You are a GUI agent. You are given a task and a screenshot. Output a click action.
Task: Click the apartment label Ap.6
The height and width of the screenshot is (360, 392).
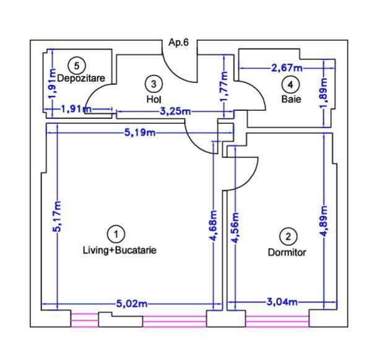178,42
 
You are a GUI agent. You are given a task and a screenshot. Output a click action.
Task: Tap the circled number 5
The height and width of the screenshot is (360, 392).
77,66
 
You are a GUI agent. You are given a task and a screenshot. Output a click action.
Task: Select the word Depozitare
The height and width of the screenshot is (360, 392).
81,78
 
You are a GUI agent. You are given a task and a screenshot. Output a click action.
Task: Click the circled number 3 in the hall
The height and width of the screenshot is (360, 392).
154,84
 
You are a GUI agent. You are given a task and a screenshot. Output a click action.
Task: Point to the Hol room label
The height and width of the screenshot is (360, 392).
154,99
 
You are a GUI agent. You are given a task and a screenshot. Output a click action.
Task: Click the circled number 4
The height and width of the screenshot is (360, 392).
290,85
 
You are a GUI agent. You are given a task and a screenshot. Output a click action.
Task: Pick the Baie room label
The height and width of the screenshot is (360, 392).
291,99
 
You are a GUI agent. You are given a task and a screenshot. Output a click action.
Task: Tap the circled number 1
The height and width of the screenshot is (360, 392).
116,234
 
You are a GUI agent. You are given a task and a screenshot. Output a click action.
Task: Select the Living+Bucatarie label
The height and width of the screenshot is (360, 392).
120,250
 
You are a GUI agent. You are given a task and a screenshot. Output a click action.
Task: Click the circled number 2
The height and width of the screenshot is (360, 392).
288,237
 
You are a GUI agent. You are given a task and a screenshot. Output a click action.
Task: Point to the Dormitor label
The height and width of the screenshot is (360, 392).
287,252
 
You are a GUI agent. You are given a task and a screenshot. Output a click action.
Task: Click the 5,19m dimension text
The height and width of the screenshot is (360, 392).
140,133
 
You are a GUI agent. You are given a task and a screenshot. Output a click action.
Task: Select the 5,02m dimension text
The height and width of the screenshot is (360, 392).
132,304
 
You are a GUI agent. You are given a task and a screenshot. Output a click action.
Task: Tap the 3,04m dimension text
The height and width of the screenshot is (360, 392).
282,302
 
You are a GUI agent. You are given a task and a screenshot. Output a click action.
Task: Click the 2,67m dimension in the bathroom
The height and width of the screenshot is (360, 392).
287,68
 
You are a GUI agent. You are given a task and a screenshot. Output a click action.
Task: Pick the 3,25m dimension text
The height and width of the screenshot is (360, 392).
175,111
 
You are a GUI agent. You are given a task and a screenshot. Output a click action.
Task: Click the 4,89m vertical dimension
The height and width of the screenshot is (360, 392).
324,221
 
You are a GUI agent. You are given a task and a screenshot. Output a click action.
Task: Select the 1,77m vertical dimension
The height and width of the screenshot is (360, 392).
224,87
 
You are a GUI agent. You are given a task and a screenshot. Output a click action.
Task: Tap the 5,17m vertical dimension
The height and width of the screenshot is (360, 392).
57,217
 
